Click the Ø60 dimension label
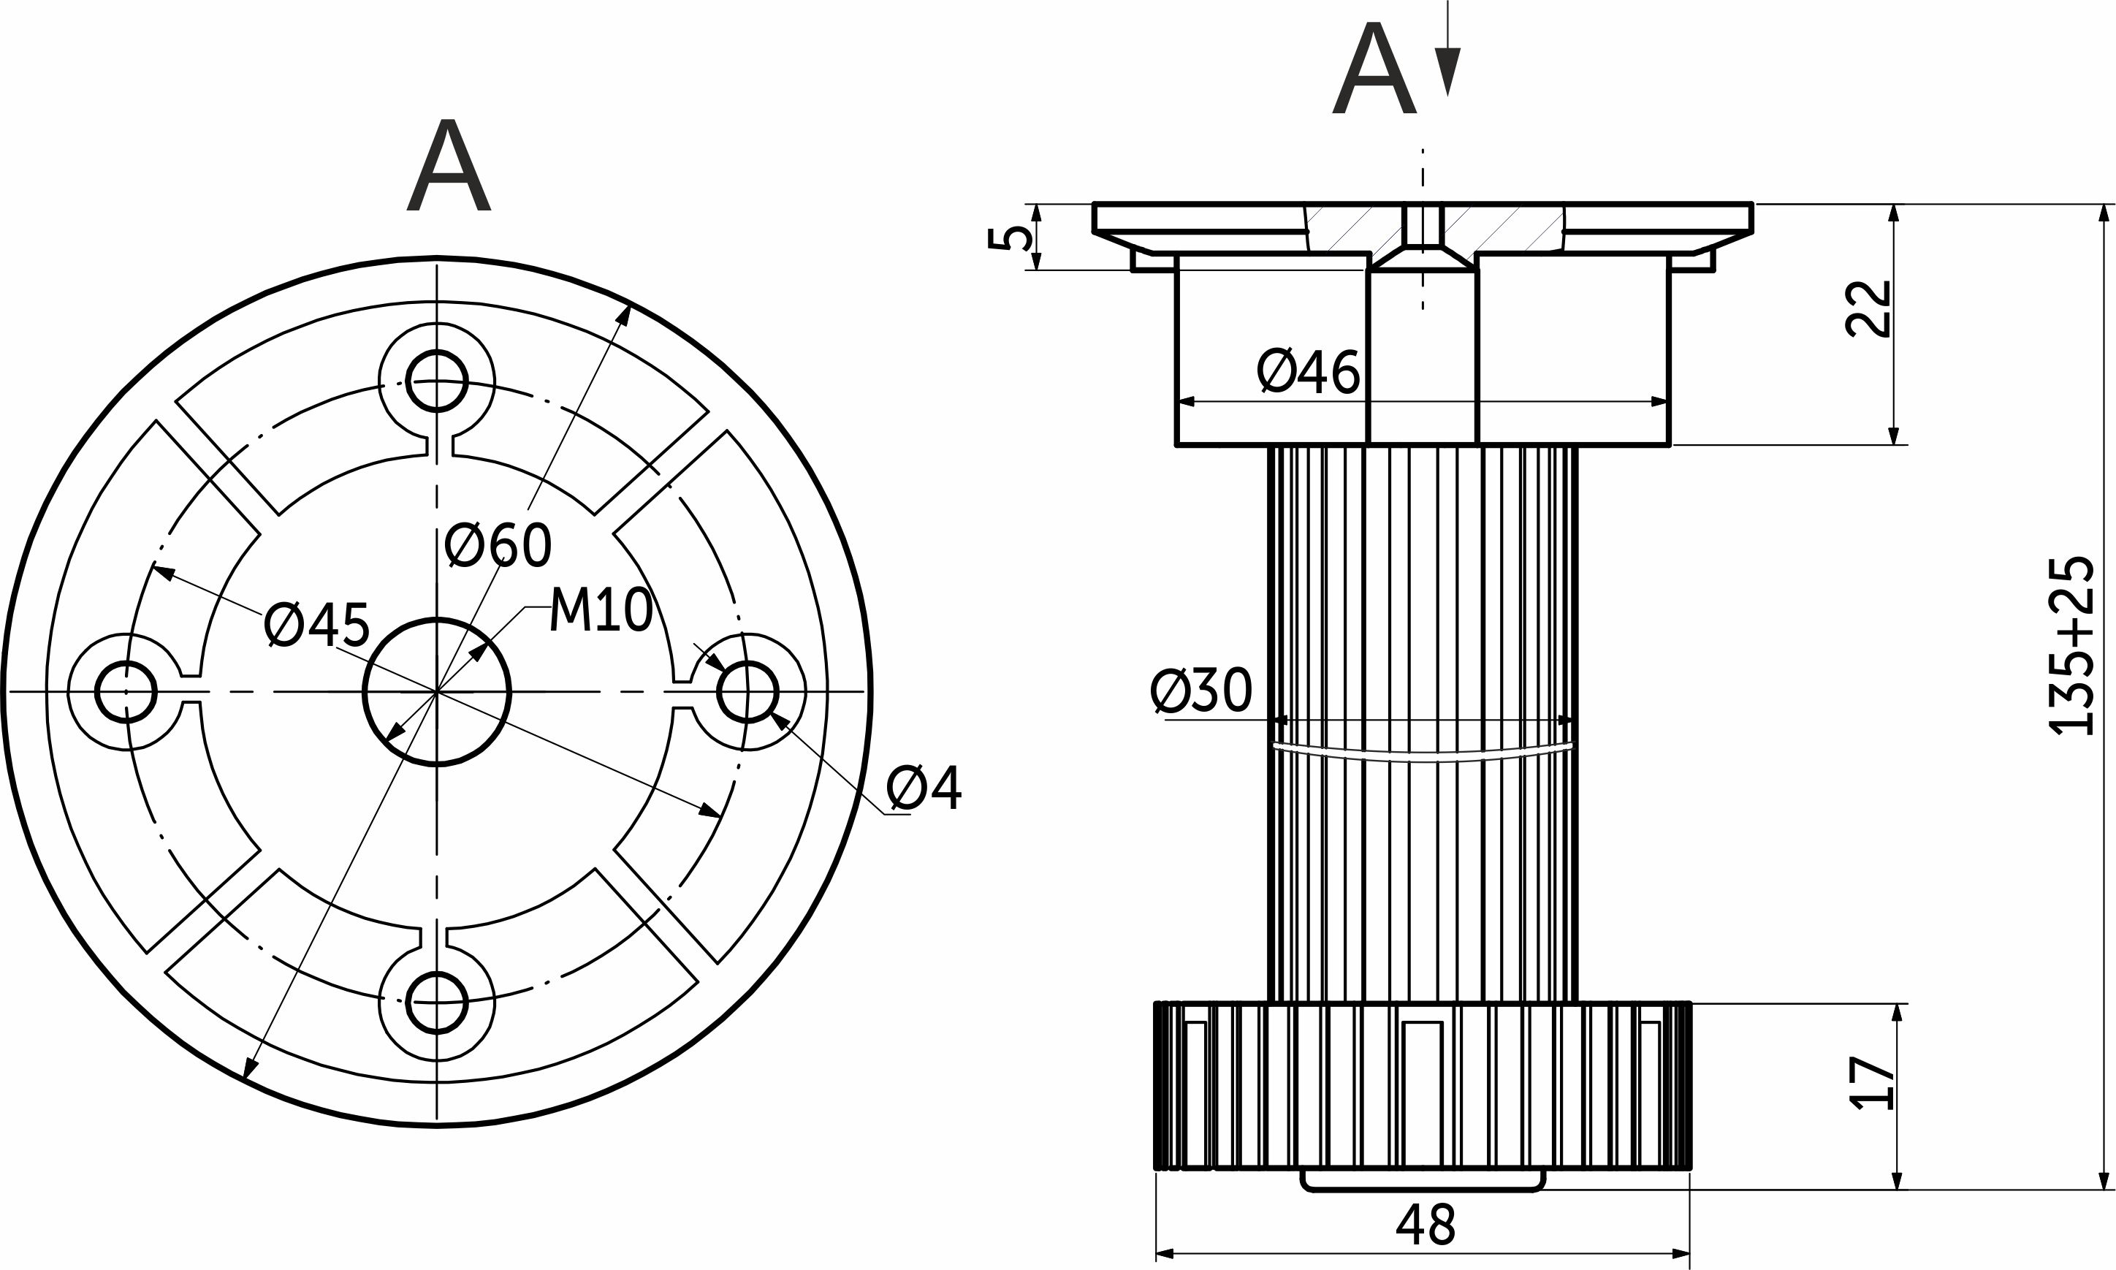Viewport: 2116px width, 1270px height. point(499,545)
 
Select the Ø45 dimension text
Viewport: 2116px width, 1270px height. point(316,626)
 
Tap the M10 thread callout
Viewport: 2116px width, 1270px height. point(601,611)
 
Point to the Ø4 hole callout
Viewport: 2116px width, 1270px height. point(924,788)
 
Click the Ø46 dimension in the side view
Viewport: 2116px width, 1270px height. point(1309,372)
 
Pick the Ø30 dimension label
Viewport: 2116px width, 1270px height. point(1201,691)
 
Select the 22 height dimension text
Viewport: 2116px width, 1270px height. point(1870,309)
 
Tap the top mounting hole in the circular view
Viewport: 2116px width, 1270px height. point(437,381)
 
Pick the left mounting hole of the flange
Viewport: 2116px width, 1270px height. point(126,691)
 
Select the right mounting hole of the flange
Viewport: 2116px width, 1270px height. point(747,691)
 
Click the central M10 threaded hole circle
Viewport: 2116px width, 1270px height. point(437,691)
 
